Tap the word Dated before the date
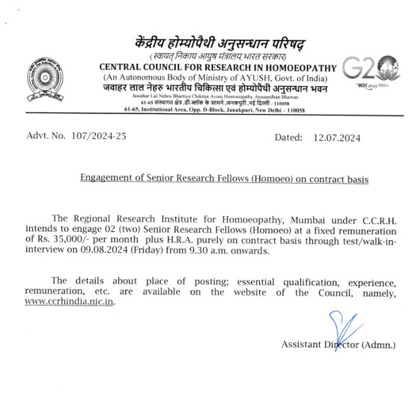coord(289,137)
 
